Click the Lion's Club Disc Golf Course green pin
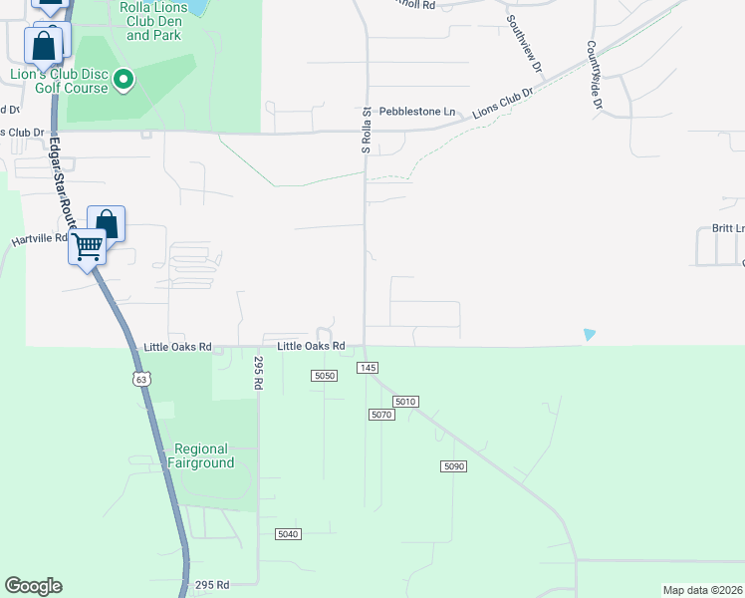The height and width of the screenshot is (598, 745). pos(124,79)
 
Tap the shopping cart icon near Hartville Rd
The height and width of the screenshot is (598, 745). pos(88,245)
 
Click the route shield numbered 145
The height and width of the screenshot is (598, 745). pos(369,368)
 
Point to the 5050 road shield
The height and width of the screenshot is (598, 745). pos(325,375)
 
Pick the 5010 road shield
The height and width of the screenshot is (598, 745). pos(404,401)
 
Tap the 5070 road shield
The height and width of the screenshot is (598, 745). pos(381,414)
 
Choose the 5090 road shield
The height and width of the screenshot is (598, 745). pos(453,465)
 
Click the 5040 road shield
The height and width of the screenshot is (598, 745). pos(288,534)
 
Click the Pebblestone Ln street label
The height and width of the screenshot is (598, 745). pos(422,112)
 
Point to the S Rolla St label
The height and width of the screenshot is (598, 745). pos(367,130)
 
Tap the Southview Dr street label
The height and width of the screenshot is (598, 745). pos(523,45)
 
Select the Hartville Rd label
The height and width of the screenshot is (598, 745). pos(39,239)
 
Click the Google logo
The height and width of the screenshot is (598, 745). pos(33,586)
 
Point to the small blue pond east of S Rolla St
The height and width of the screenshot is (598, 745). pos(590,335)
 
